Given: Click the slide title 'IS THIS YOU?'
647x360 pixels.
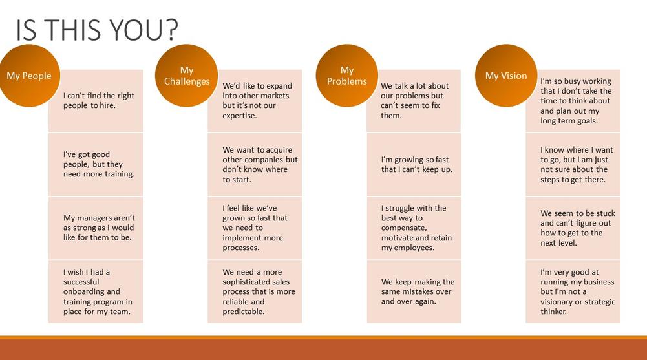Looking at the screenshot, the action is [x=97, y=30].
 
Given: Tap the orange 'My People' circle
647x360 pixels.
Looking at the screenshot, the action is [x=29, y=76].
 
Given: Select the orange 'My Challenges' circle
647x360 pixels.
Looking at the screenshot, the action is [x=187, y=76].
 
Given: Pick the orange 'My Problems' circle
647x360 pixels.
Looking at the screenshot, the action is [x=346, y=76].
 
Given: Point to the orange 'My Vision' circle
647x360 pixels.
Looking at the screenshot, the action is [x=506, y=76].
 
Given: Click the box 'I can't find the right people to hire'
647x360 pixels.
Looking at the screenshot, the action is [x=96, y=101].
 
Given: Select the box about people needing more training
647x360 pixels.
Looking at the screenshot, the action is [x=96, y=165].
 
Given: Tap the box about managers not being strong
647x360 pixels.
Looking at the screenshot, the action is [x=96, y=228].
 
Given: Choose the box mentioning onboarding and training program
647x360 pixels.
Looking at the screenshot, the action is [x=96, y=291].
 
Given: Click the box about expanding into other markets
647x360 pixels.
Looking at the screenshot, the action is [x=255, y=101].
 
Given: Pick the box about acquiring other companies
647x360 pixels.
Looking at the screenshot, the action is [x=255, y=165].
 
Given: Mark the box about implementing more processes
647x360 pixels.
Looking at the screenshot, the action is [x=255, y=228].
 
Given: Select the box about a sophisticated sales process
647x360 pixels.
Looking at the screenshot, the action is [x=255, y=291].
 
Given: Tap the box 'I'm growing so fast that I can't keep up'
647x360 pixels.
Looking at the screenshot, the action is [x=414, y=165].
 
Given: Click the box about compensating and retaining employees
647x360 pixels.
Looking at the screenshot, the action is [x=414, y=228].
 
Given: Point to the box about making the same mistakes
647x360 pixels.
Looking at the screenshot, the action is [x=414, y=291].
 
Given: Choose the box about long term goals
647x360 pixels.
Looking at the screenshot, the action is [x=573, y=101].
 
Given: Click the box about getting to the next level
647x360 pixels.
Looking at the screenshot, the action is [x=573, y=228].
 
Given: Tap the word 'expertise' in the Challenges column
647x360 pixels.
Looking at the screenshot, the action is [x=240, y=116].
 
